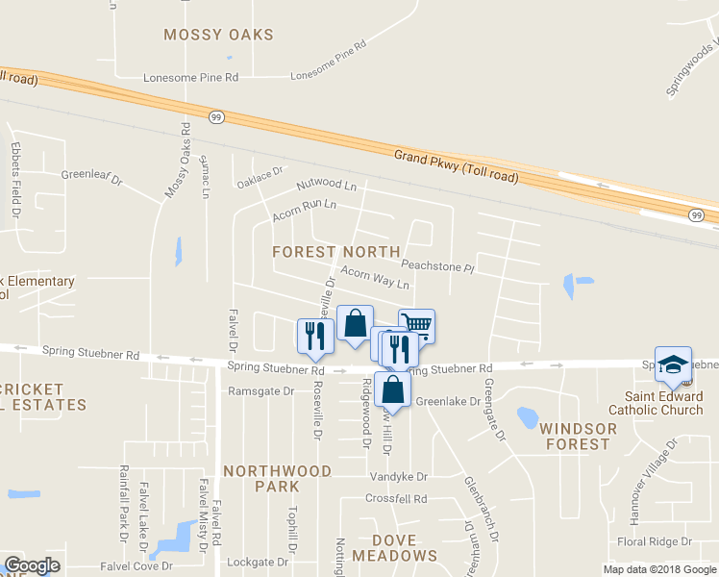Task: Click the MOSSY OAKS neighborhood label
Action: coord(218,35)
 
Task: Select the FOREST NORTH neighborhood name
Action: coord(335,251)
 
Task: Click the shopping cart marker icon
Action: coord(416,325)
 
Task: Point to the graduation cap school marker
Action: coord(673,364)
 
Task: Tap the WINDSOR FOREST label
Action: coord(575,436)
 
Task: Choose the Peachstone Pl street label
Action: coord(438,266)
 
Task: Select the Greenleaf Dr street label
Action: coord(92,177)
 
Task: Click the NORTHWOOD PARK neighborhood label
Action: coord(277,479)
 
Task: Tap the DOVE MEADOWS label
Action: coord(394,547)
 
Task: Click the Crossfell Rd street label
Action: coord(395,498)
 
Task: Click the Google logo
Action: coord(31,565)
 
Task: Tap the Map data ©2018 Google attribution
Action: coord(658,569)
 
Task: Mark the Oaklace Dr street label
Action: coord(261,178)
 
